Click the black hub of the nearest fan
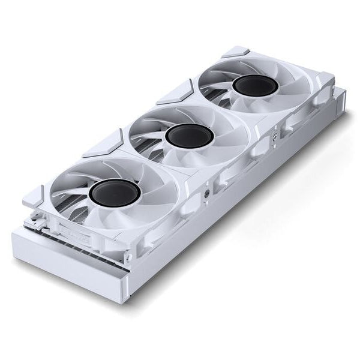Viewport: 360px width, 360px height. click(x=115, y=193)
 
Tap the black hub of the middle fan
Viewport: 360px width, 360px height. click(x=182, y=136)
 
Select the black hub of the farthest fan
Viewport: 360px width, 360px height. click(x=256, y=86)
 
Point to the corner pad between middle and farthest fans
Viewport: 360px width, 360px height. click(x=175, y=93)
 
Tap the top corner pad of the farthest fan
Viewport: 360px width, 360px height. click(x=235, y=52)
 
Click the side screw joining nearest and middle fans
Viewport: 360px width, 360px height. click(x=207, y=193)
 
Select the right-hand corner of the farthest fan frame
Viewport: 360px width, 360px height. click(x=327, y=81)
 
